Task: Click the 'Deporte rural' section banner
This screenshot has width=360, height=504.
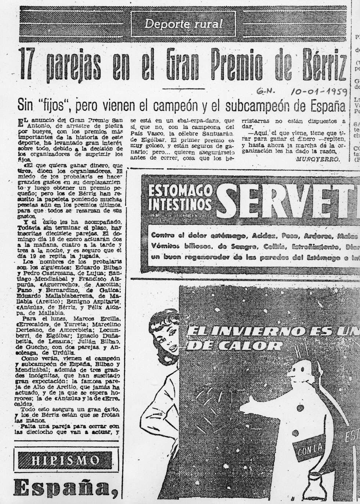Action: pyautogui.click(x=183, y=24)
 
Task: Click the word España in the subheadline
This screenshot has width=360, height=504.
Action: pyautogui.click(x=324, y=106)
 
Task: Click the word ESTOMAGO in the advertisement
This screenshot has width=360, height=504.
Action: pyautogui.click(x=180, y=191)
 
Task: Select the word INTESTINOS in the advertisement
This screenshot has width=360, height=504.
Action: pyautogui.click(x=180, y=204)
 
